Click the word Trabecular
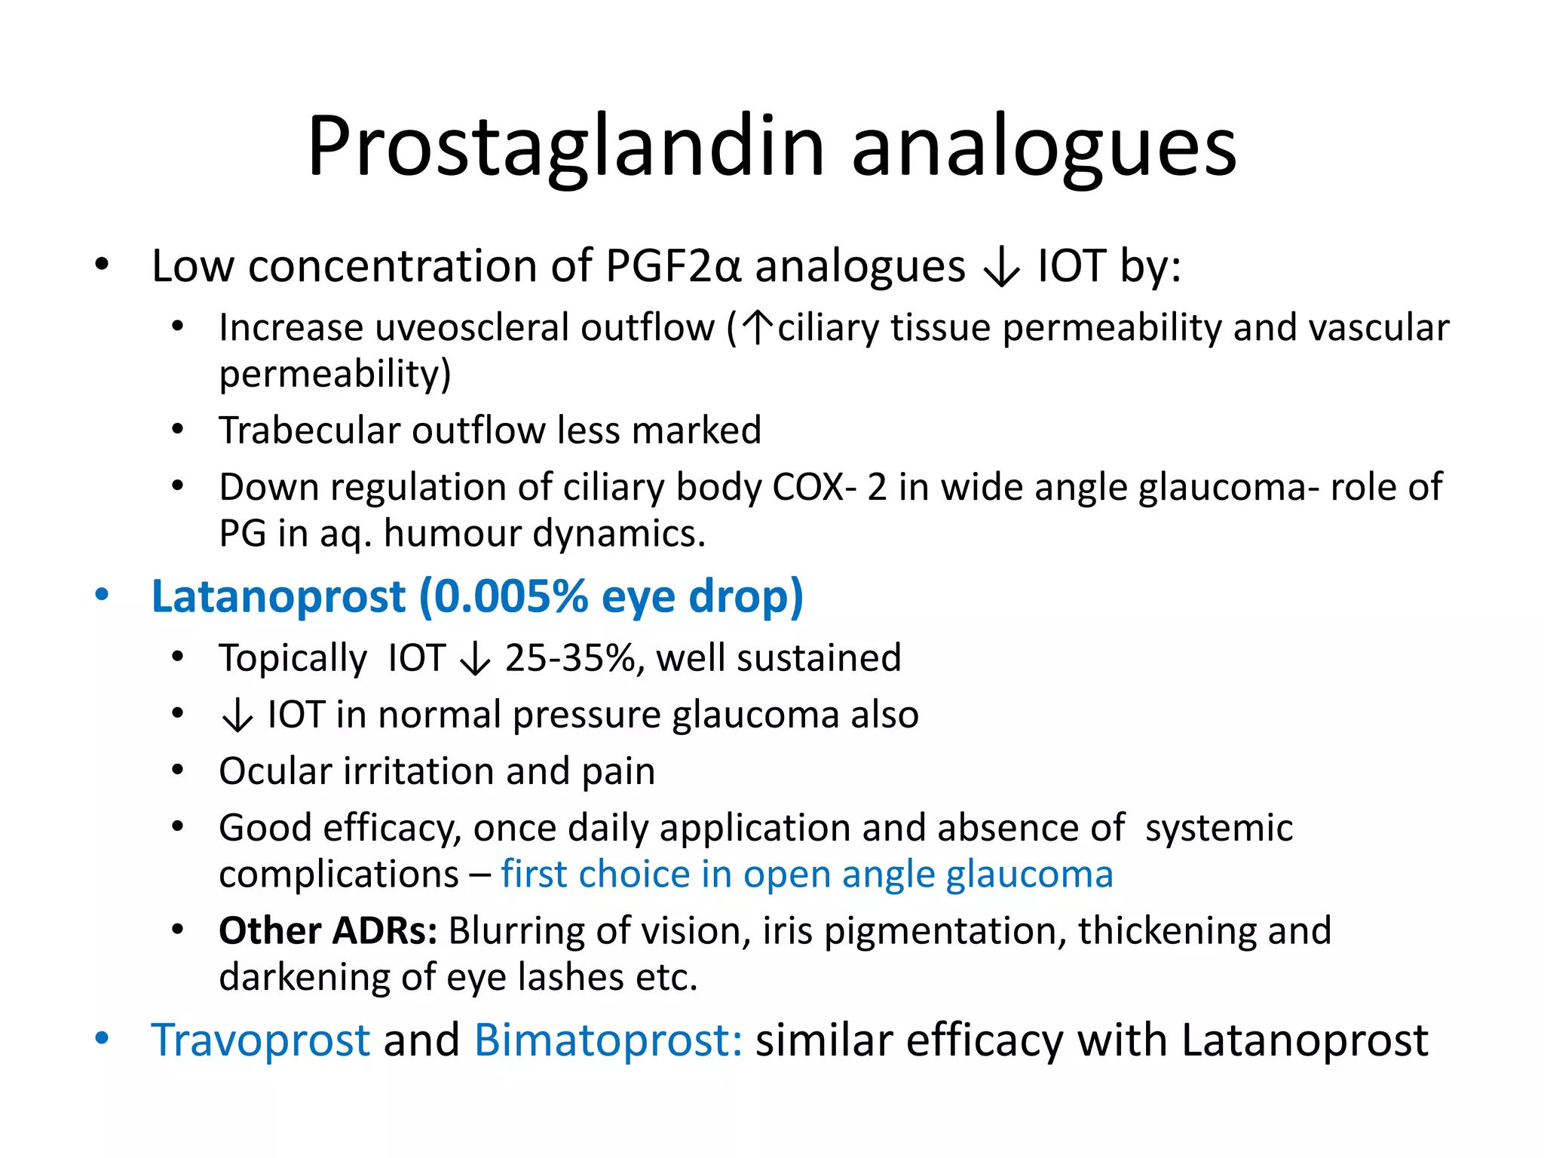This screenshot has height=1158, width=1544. click(308, 430)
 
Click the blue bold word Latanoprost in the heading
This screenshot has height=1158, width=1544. click(278, 596)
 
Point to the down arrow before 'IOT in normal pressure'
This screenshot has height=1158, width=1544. click(237, 715)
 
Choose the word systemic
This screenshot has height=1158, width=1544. click(1218, 828)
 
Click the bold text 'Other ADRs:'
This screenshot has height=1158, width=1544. click(328, 931)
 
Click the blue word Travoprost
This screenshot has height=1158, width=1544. click(261, 1040)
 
